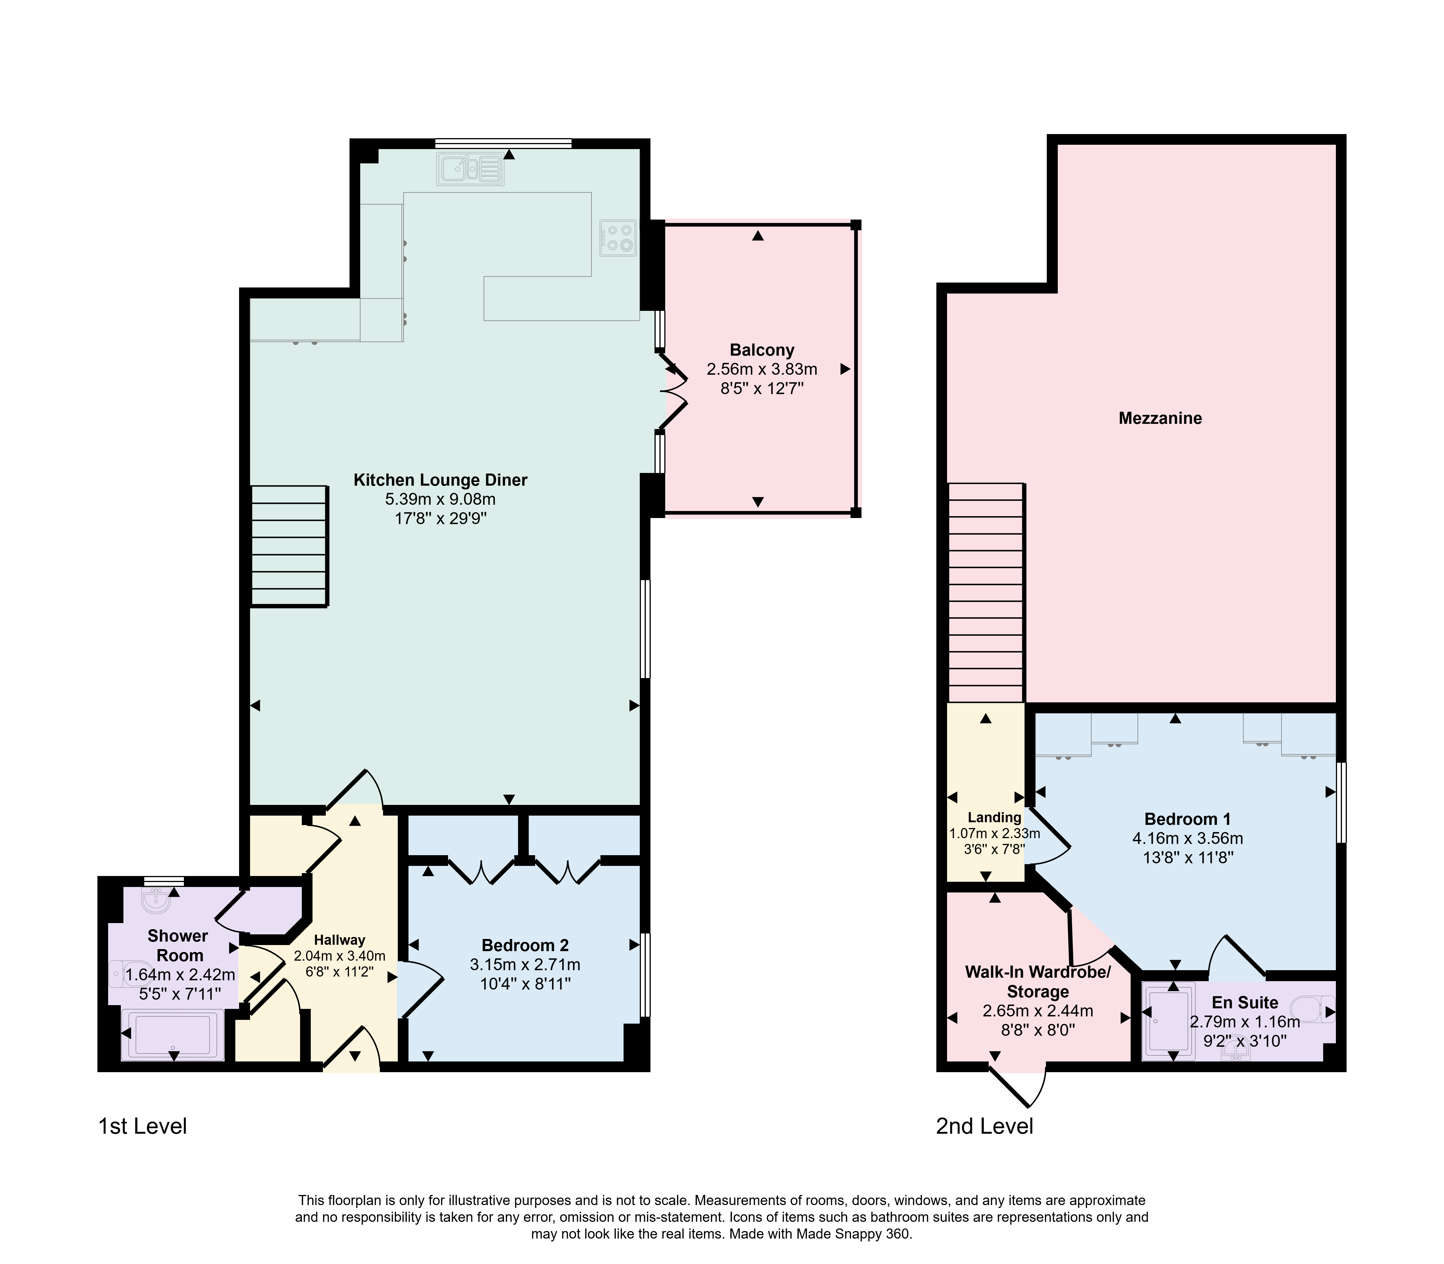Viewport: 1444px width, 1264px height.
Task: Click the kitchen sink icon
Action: pyautogui.click(x=470, y=169)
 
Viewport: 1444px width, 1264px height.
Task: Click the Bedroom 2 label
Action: pyautogui.click(x=525, y=945)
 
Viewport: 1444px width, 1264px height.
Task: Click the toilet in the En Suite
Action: pyautogui.click(x=1315, y=1009)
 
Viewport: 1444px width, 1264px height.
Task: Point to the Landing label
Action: pyautogui.click(x=994, y=818)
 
